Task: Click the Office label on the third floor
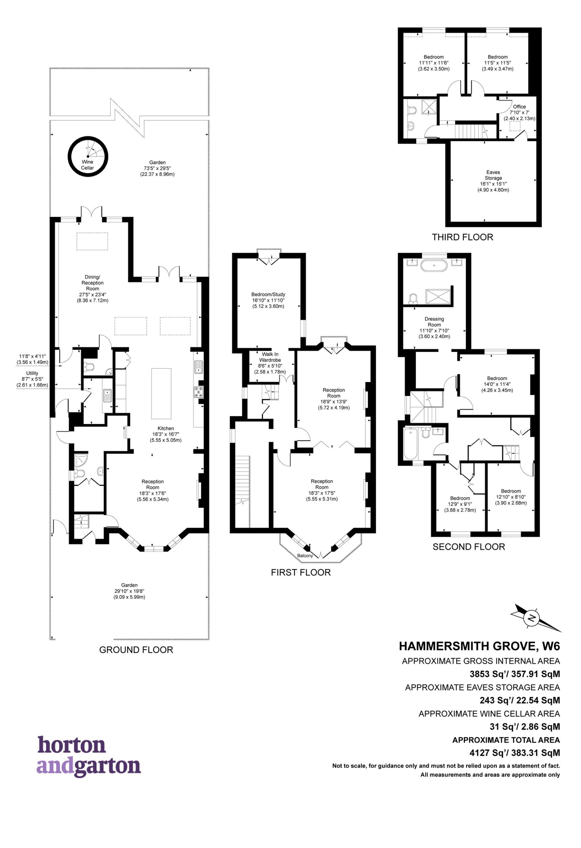tap(519, 107)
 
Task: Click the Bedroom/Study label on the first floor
tap(268, 294)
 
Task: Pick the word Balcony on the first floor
tap(305, 556)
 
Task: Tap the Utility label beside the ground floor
tap(32, 373)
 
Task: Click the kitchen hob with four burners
tap(199, 392)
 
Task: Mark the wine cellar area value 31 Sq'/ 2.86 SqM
tap(524, 726)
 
